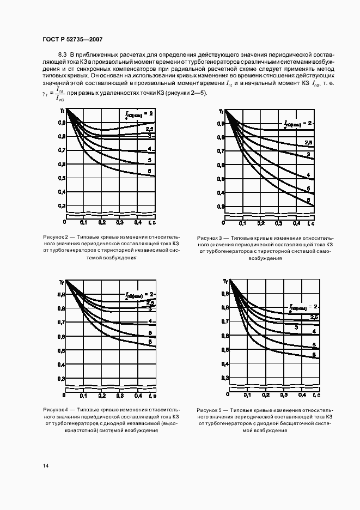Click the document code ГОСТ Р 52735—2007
(72, 40)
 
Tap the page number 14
(45, 466)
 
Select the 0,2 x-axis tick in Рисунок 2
(101, 223)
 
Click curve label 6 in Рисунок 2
(149, 172)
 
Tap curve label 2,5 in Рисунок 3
(308, 143)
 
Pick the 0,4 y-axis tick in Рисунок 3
(220, 193)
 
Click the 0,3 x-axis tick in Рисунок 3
(279, 223)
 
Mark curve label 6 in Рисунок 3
(308, 200)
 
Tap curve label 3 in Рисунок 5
(296, 327)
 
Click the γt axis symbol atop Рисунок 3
(221, 111)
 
